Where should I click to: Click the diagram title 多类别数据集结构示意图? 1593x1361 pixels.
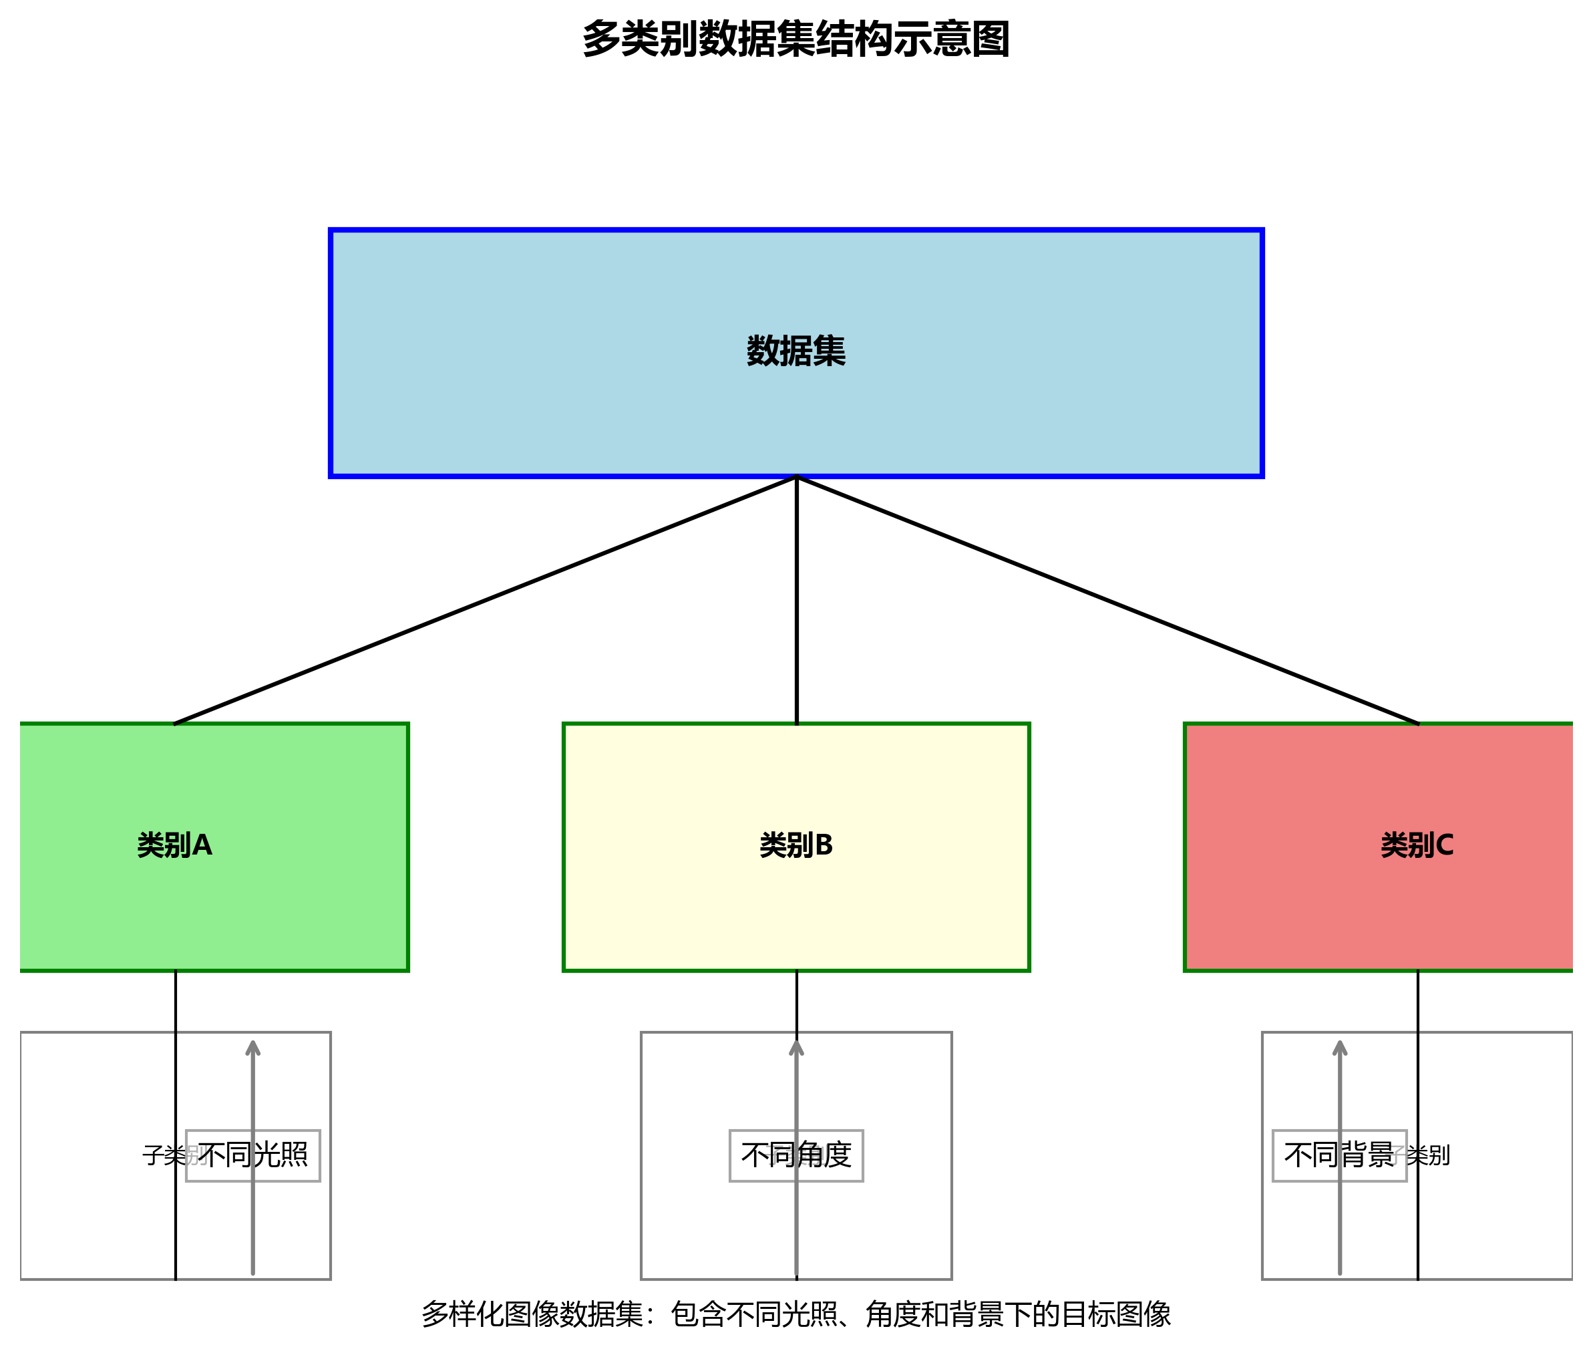(795, 40)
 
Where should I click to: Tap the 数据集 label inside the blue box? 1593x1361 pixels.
(795, 351)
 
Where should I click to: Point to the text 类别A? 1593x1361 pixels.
(174, 845)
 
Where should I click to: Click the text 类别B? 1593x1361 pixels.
(795, 845)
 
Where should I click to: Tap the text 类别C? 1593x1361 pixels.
(1417, 845)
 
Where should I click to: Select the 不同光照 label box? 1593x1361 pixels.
(253, 1156)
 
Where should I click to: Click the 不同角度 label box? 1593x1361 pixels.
(795, 1156)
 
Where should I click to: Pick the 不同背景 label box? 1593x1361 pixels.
(1339, 1156)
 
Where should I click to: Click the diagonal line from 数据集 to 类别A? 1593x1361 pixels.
(484, 601)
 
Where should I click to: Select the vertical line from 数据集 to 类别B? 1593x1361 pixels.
(796, 600)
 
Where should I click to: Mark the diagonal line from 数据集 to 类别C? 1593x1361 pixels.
(1107, 601)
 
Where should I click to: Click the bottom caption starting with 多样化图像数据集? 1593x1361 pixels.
(795, 1314)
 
